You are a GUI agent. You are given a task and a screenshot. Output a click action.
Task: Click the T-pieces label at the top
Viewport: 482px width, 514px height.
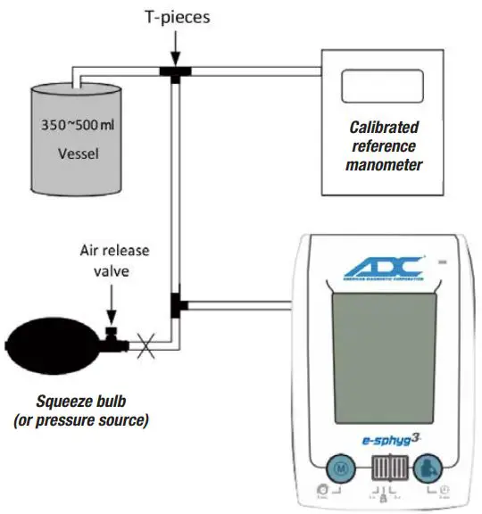coord(178,15)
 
